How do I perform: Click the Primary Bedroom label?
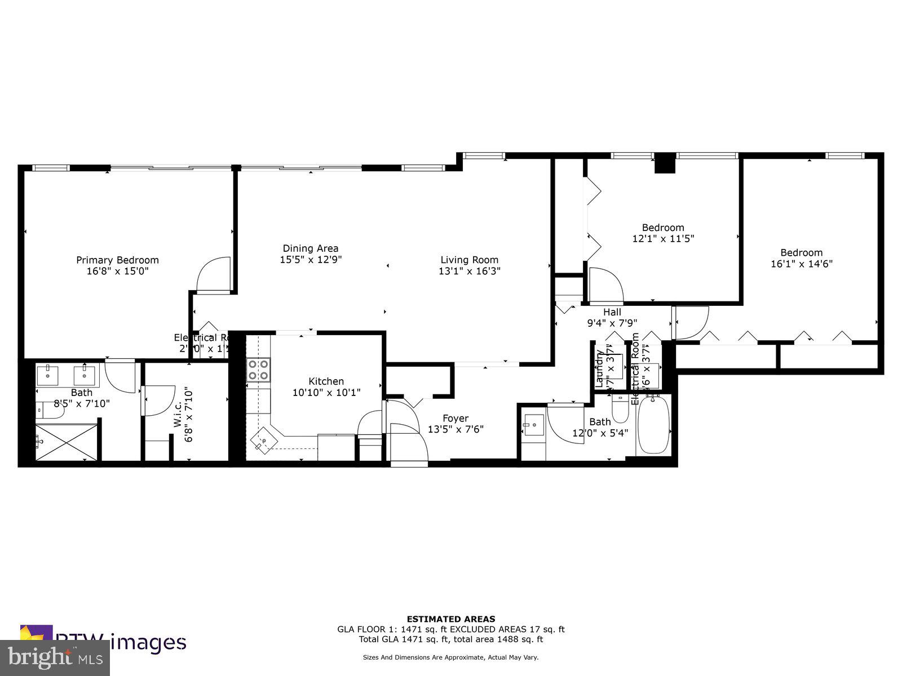pyautogui.click(x=117, y=260)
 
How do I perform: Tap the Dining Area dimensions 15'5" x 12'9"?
pyautogui.click(x=311, y=260)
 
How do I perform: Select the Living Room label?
pyautogui.click(x=469, y=260)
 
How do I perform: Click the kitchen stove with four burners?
pyautogui.click(x=258, y=370)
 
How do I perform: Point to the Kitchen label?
pyautogui.click(x=326, y=381)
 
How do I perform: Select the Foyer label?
pyautogui.click(x=455, y=418)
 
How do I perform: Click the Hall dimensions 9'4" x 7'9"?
pyautogui.click(x=612, y=323)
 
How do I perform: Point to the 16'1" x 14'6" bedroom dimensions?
pyautogui.click(x=801, y=263)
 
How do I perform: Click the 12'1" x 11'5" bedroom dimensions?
pyautogui.click(x=663, y=238)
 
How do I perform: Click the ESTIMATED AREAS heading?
pyautogui.click(x=450, y=619)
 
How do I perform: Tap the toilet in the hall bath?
pyautogui.click(x=620, y=410)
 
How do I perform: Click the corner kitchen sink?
pyautogui.click(x=264, y=440)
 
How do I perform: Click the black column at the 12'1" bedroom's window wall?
pyautogui.click(x=664, y=163)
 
